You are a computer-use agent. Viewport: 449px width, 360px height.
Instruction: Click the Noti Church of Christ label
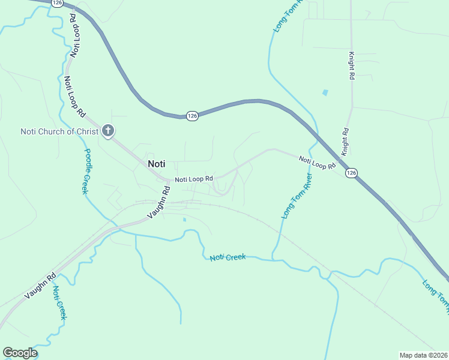pyautogui.click(x=59, y=131)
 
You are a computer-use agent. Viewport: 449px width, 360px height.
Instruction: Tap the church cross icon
pyautogui.click(x=108, y=130)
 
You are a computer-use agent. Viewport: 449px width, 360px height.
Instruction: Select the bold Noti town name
pyautogui.click(x=156, y=163)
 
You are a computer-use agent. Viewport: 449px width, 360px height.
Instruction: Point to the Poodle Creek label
pyautogui.click(x=87, y=171)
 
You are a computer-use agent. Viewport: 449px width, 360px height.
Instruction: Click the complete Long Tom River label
pyautogui.click(x=297, y=196)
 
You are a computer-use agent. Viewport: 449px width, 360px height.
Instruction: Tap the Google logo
pyautogui.click(x=20, y=353)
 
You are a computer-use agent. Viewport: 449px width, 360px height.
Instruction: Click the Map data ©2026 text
pyautogui.click(x=423, y=355)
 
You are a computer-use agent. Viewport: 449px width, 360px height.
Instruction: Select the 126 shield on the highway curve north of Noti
pyautogui.click(x=192, y=116)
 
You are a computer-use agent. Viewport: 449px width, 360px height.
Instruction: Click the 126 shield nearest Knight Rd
pyautogui.click(x=352, y=173)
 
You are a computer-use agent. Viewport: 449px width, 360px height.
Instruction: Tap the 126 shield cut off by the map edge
pyautogui.click(x=58, y=3)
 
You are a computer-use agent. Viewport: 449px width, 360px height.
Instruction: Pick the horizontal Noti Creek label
pyautogui.click(x=228, y=257)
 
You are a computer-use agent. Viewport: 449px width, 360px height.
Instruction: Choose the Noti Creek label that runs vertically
pyautogui.click(x=59, y=303)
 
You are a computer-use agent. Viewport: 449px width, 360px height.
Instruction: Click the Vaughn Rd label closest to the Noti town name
pyautogui.click(x=158, y=202)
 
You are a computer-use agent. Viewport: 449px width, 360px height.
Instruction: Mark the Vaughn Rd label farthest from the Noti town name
pyautogui.click(x=40, y=286)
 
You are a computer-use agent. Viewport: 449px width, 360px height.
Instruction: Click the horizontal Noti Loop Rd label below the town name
pyautogui.click(x=194, y=179)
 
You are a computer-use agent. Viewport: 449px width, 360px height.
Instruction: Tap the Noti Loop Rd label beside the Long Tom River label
pyautogui.click(x=316, y=162)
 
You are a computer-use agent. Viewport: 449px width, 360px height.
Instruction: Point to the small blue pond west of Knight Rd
pyautogui.click(x=325, y=93)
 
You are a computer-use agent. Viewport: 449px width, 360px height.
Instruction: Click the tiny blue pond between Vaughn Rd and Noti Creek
pyautogui.click(x=184, y=220)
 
